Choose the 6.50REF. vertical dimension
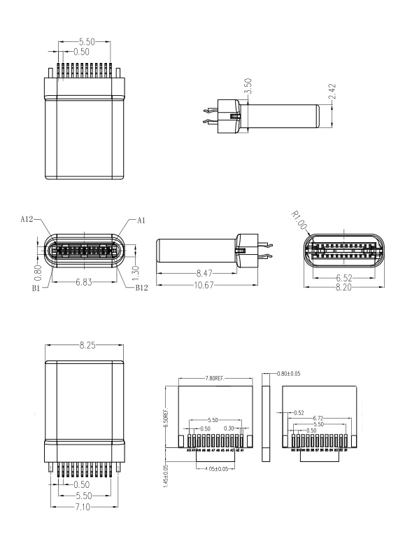(x=166, y=421)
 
